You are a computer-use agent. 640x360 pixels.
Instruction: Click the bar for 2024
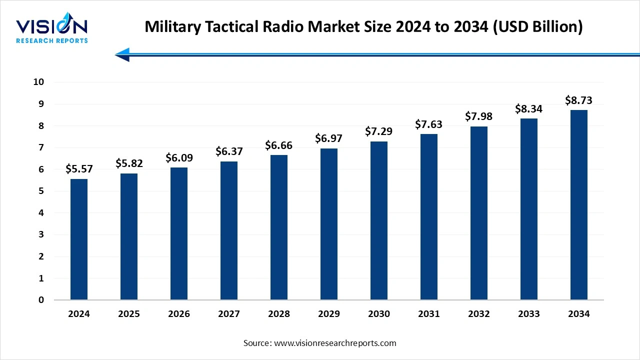79,239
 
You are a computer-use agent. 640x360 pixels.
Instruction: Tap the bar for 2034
579,205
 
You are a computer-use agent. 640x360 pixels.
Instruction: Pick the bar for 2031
429,217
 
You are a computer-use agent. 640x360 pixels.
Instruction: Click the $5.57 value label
79,169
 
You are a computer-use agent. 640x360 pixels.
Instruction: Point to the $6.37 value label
229,151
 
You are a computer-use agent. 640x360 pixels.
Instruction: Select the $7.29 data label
379,131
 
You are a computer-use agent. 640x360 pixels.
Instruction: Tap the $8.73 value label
579,100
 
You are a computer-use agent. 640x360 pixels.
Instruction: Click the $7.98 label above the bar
479,116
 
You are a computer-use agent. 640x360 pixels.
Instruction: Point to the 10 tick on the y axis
38,82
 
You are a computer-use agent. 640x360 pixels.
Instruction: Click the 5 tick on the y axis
41,191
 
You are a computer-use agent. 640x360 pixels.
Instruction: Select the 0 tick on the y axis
41,300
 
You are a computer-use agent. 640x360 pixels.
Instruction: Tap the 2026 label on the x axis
179,314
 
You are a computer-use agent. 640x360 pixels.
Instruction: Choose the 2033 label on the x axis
529,314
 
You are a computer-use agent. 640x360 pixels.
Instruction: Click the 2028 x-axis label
279,314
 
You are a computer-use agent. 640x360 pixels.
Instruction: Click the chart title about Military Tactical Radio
363,27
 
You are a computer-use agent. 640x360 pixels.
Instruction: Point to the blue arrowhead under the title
122,54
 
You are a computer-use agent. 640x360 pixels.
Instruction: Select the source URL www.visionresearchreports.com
334,343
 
